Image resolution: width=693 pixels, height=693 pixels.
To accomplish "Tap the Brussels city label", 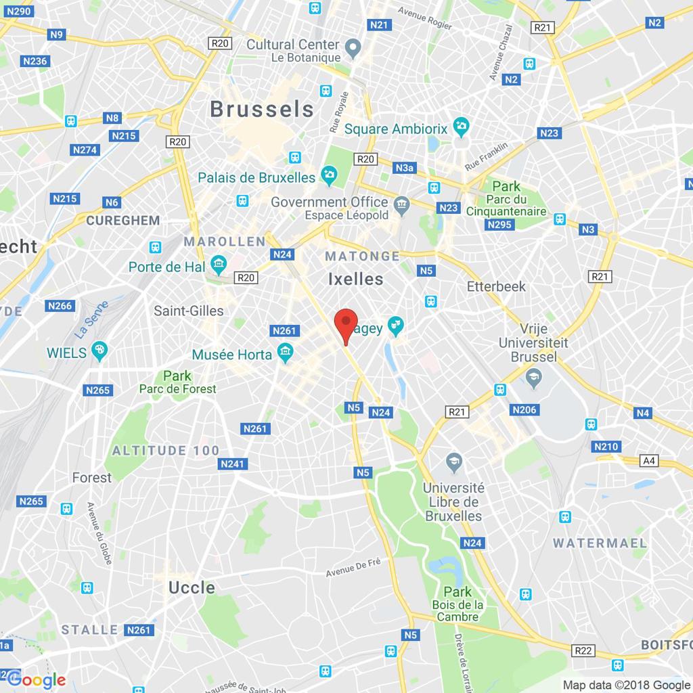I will [262, 109].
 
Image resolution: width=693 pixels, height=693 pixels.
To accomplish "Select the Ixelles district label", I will [355, 279].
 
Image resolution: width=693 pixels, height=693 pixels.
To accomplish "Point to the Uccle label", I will [192, 587].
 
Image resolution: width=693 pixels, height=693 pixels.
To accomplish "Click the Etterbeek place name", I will [496, 286].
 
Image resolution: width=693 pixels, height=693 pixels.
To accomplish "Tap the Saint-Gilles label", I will [188, 311].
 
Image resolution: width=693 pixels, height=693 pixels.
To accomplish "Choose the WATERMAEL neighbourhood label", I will [600, 543].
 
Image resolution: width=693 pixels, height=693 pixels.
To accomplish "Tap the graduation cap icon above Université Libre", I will [453, 462].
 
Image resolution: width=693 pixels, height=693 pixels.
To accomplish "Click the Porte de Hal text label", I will [166, 267].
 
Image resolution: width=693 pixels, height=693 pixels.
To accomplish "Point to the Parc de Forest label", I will [177, 388].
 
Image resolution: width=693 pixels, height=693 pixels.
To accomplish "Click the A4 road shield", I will [649, 461].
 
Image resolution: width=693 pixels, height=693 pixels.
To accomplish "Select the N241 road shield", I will [233, 464].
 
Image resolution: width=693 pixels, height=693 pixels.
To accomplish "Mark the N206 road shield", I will [524, 409].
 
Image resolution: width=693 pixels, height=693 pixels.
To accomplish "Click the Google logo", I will [37, 679].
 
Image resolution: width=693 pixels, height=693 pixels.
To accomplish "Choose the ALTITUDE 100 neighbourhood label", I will [166, 451].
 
